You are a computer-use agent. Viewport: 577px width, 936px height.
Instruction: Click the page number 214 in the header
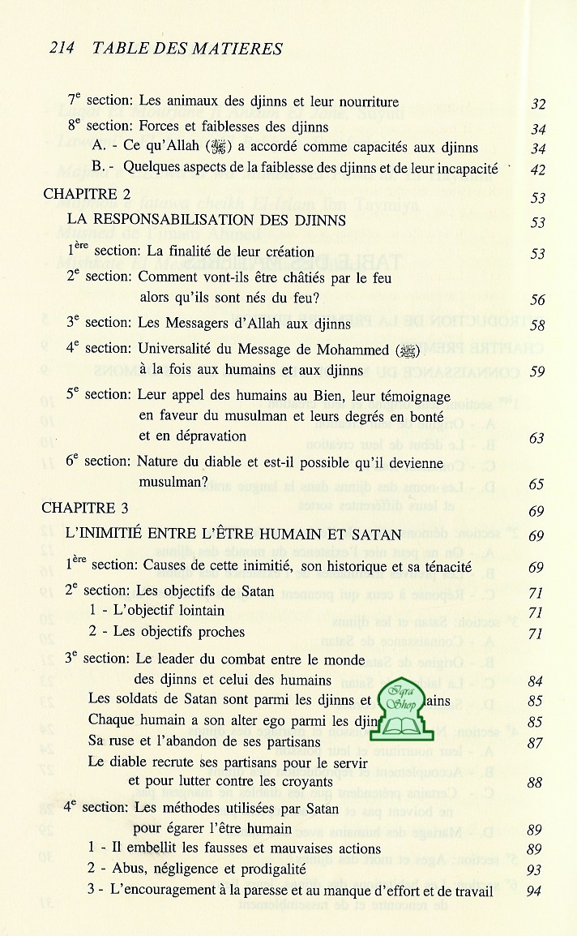pyautogui.click(x=62, y=48)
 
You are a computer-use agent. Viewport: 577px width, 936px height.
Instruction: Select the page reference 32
pyautogui.click(x=537, y=104)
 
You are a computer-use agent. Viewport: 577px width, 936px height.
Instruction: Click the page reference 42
pyautogui.click(x=537, y=170)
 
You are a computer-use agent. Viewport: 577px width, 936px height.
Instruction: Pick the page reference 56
pyautogui.click(x=537, y=300)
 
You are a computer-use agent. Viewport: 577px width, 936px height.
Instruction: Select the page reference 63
pyautogui.click(x=536, y=438)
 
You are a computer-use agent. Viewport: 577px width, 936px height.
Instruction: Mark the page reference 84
pyautogui.click(x=536, y=680)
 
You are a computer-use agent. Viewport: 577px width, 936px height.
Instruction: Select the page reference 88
pyautogui.click(x=536, y=784)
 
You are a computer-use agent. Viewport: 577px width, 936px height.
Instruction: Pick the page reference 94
pyautogui.click(x=536, y=891)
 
